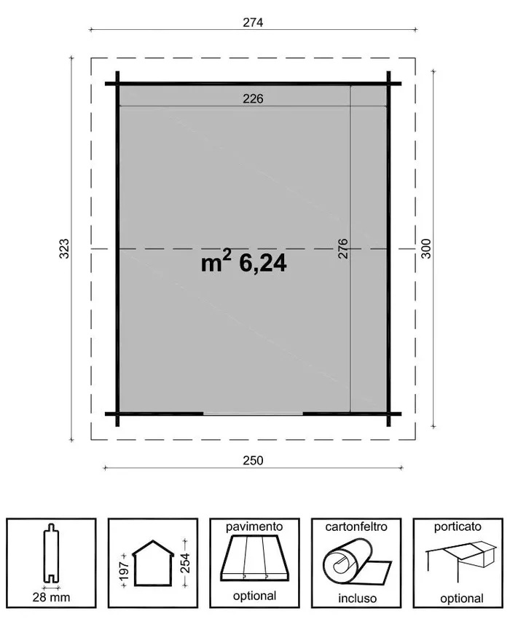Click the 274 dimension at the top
[253, 22]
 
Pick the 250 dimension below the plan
[253, 460]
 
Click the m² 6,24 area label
[244, 263]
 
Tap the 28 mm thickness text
[51, 598]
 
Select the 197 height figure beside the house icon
[124, 567]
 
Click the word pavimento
[254, 526]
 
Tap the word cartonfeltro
[356, 526]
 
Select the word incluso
[356, 598]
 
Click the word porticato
[458, 526]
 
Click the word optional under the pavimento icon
[254, 596]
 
